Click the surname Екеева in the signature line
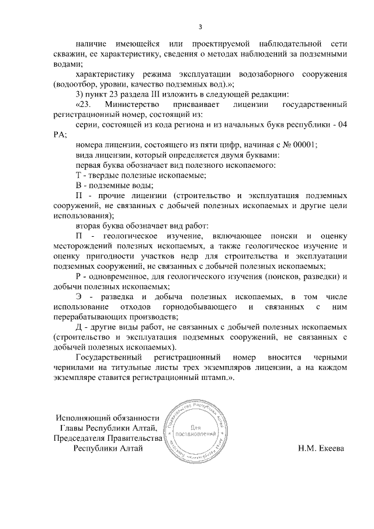[331, 448]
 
